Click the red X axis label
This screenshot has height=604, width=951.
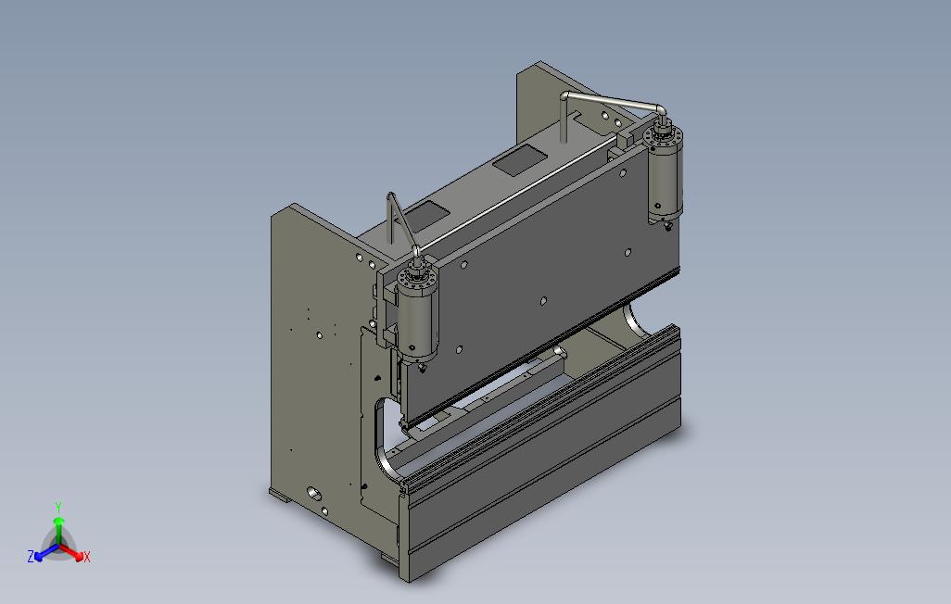(87, 557)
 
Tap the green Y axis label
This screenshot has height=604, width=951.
(58, 507)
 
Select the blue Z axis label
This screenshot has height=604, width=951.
(31, 556)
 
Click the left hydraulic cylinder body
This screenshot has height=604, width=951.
(418, 321)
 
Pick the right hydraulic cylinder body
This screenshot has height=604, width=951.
(666, 182)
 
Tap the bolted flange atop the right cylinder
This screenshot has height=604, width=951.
(663, 136)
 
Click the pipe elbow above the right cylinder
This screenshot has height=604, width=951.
(660, 109)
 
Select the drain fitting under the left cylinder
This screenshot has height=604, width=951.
(421, 366)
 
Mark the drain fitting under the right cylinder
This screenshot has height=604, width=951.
(667, 226)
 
